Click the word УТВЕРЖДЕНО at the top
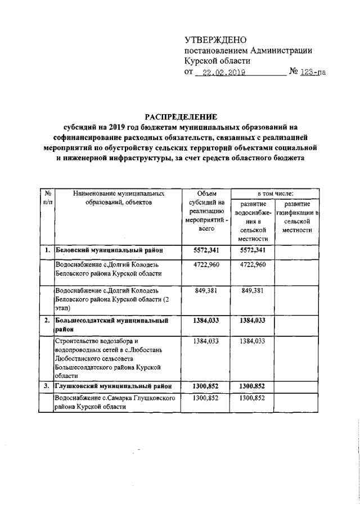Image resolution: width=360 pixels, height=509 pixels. (x=216, y=39)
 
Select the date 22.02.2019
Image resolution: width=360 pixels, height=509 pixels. (x=219, y=72)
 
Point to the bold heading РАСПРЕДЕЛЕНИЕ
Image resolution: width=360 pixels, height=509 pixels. (x=179, y=116)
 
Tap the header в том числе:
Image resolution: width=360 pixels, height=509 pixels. (x=276, y=193)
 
